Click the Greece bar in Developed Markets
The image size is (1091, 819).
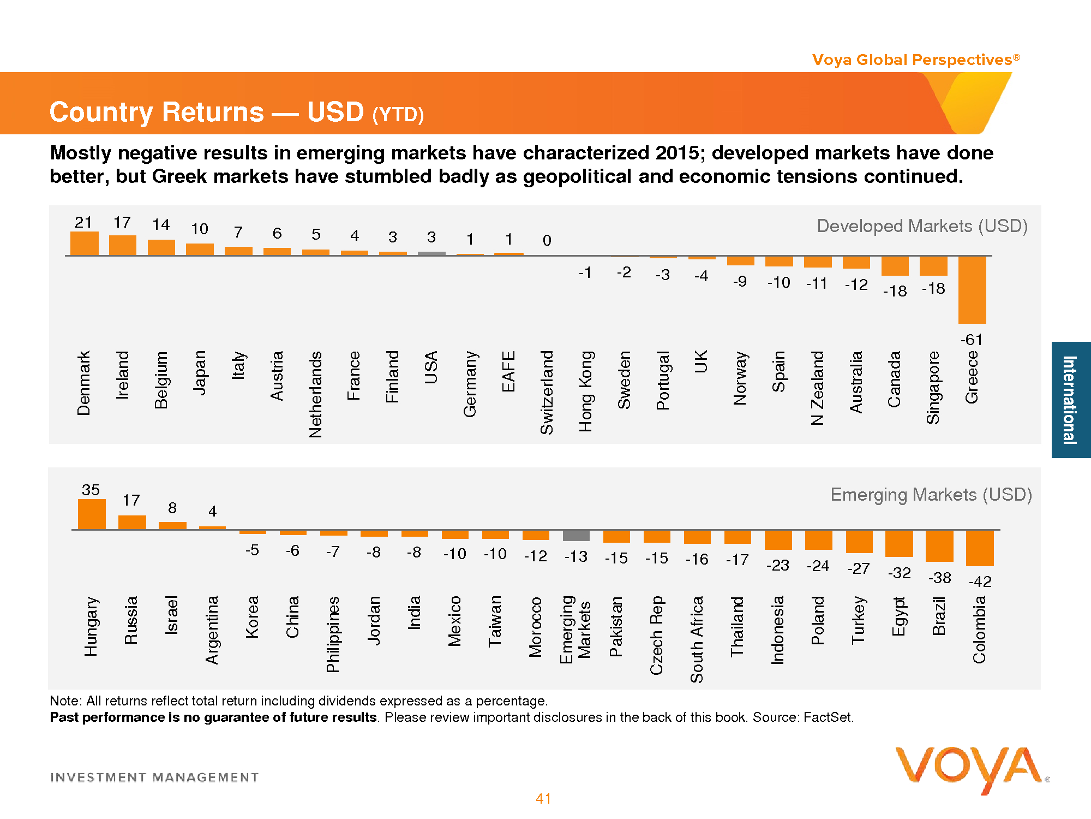pos(972,289)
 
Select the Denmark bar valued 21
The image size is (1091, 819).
pos(85,244)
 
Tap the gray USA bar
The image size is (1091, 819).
pos(431,253)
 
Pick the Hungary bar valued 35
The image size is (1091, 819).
pos(92,514)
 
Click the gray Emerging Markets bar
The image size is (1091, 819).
pos(576,535)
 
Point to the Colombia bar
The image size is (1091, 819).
pos(980,548)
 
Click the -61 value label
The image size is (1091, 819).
pos(972,340)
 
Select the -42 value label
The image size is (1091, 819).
pos(980,581)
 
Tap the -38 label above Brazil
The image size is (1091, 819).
pos(939,578)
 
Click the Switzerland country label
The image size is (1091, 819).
pos(547,392)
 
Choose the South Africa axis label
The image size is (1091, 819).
pos(697,639)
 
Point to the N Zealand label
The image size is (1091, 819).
pos(817,388)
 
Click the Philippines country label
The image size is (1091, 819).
pos(333,634)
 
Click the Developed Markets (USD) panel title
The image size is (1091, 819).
pos(922,226)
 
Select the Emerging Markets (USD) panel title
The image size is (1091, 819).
pos(931,495)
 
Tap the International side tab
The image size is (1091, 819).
pos(1070,400)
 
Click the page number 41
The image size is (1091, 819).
pos(543,799)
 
